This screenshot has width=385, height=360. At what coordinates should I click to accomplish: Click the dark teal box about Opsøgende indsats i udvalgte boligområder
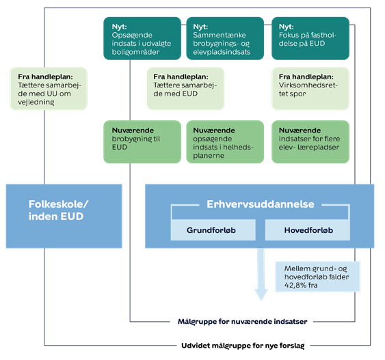[x=142, y=38]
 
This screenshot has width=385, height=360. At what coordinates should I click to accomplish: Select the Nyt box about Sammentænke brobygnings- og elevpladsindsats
[x=225, y=38]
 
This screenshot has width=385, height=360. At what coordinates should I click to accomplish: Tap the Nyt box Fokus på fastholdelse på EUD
[x=310, y=38]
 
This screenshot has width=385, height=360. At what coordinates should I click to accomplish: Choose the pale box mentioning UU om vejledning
[x=49, y=89]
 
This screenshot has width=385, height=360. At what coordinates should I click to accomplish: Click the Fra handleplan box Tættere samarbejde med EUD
[x=185, y=89]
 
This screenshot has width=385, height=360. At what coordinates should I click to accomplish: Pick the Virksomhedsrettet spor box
[x=310, y=89]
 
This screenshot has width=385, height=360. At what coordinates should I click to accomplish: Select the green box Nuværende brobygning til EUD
[x=142, y=141]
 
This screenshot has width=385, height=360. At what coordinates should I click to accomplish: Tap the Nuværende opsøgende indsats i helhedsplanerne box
[x=225, y=141]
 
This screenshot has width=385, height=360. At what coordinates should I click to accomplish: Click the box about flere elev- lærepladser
[x=310, y=141]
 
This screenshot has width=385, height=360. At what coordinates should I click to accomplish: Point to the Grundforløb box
[x=213, y=230]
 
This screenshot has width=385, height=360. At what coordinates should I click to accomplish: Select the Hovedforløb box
[x=308, y=230]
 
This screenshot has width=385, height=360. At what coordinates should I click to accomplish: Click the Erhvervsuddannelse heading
[x=261, y=204]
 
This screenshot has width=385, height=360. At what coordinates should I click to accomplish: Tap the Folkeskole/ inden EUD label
[x=58, y=210]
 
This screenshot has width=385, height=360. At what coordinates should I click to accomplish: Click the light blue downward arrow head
[x=261, y=295]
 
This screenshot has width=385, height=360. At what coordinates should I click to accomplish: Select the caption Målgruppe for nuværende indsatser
[x=242, y=322]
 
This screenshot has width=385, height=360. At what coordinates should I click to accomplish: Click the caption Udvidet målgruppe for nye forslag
[x=243, y=346]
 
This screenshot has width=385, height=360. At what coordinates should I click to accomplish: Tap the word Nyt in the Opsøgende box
[x=120, y=27]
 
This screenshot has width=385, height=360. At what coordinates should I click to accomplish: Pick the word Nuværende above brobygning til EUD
[x=133, y=130]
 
